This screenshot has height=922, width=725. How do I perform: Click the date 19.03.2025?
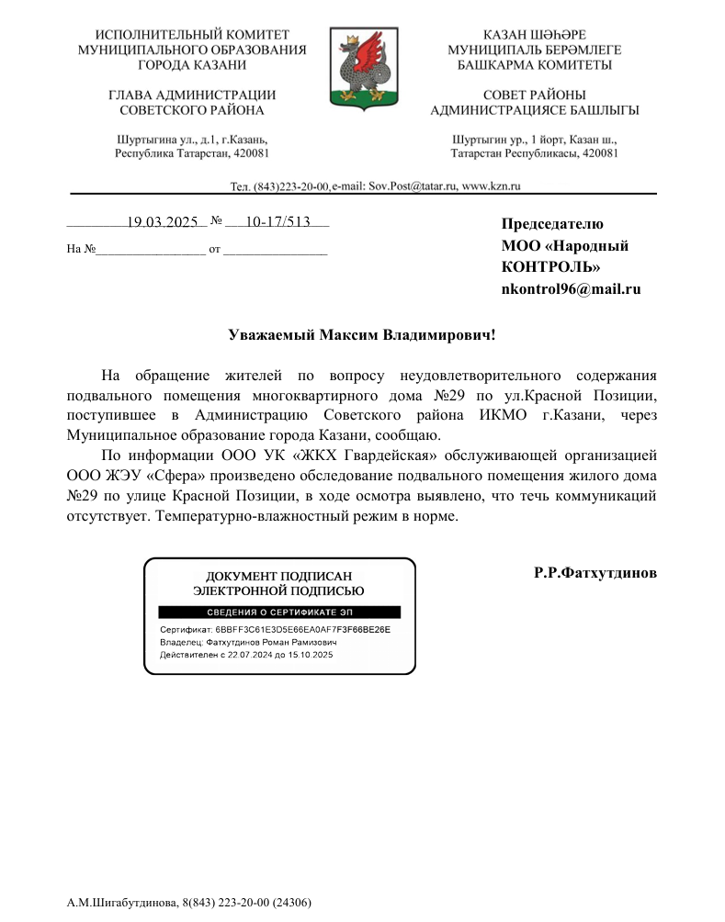(163, 222)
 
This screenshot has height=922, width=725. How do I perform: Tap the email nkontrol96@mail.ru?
(570, 289)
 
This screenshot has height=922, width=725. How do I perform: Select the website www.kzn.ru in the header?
(492, 186)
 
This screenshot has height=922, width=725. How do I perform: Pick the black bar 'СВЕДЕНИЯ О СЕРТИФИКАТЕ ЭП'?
(279, 612)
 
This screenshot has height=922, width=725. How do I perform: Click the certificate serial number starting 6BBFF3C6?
(303, 630)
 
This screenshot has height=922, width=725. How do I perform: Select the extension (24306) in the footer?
(292, 903)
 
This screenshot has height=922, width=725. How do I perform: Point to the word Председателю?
(551, 223)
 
